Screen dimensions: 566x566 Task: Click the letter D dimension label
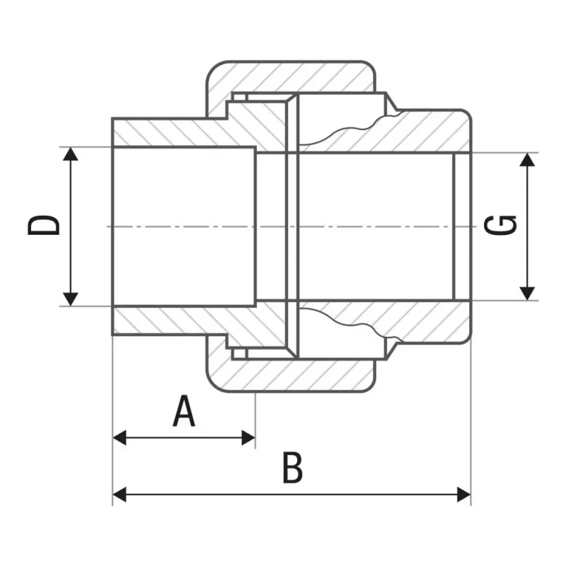tap(44, 226)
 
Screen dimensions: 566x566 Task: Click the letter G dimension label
tap(500, 225)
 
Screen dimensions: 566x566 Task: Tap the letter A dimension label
tap(184, 411)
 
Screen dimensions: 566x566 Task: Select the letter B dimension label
tap(293, 467)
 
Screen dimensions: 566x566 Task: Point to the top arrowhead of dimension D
tap(70, 154)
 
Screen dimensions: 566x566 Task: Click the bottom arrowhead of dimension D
tap(70, 299)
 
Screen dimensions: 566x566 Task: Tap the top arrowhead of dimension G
tap(527, 159)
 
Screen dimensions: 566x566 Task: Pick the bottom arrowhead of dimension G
tap(527, 294)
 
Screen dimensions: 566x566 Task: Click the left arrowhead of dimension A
tap(120, 437)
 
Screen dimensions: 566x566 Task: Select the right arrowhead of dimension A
tap(248, 437)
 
